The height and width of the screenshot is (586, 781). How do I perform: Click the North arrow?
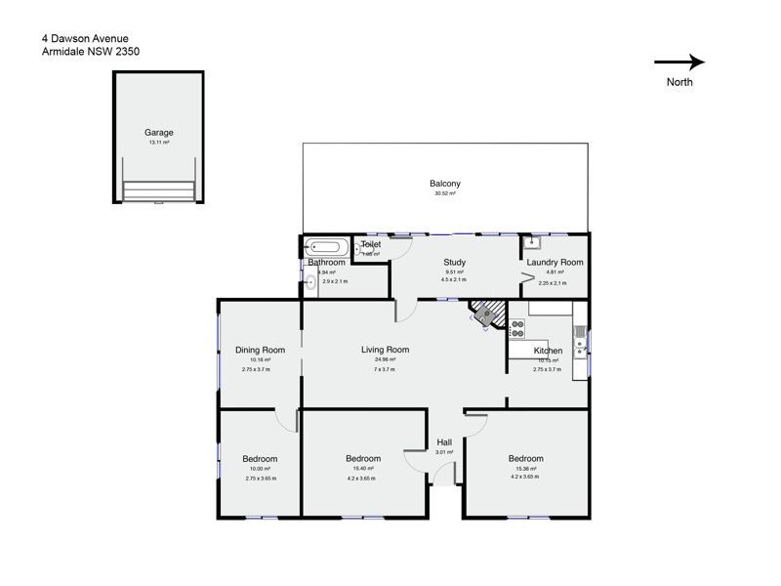(679, 63)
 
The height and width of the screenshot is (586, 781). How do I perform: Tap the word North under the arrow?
(679, 82)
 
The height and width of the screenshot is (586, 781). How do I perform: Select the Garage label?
(159, 132)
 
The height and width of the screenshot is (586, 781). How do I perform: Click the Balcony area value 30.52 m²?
(445, 193)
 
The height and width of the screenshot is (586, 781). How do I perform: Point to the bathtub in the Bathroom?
(322, 247)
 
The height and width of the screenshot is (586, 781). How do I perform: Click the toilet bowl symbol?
(360, 249)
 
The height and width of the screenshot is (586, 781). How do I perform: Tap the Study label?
(454, 262)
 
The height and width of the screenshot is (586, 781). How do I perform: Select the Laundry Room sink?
(532, 243)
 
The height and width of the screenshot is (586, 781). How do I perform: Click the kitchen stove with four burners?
(516, 330)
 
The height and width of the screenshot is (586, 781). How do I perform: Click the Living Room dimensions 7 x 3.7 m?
(385, 370)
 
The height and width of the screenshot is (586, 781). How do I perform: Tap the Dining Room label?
(260, 350)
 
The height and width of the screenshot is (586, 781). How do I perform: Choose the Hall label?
(444, 442)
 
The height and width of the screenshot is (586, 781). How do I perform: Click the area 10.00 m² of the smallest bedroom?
(260, 469)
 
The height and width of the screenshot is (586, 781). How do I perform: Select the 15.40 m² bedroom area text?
(363, 469)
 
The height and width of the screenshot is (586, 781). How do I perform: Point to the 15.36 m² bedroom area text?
(525, 469)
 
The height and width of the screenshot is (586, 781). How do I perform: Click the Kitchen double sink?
(580, 341)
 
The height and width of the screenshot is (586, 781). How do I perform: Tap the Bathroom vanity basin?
(309, 284)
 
